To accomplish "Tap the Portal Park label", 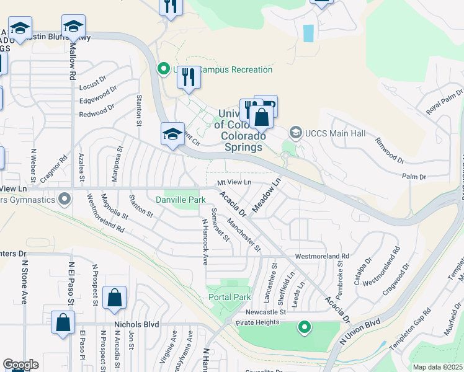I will point(230,297).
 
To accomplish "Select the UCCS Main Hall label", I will point(335,133).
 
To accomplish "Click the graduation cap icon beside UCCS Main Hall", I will point(295,132).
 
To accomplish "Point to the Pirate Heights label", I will point(258,322).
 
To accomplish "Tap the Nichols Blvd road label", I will point(137,324).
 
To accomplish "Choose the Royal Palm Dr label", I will point(445,101).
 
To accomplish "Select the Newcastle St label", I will point(265,312).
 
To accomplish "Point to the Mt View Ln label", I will point(234,182).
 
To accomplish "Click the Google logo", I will point(20,365).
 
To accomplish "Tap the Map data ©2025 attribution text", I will point(438,367).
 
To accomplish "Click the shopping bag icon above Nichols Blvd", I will point(115,299).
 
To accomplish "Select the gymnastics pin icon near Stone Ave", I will point(64,199).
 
